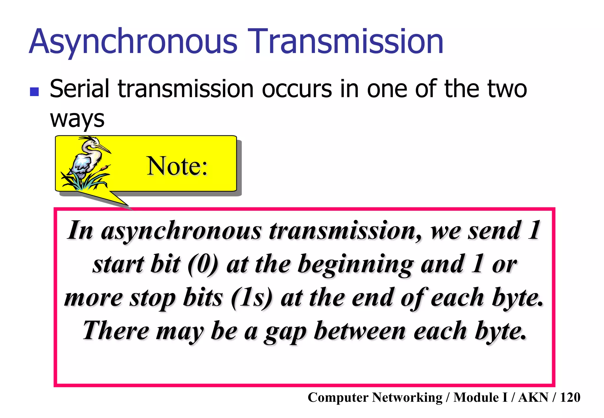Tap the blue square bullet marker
[35, 92]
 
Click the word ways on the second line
[77, 119]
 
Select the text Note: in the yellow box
[177, 166]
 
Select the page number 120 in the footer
[570, 398]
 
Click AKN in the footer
[533, 398]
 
